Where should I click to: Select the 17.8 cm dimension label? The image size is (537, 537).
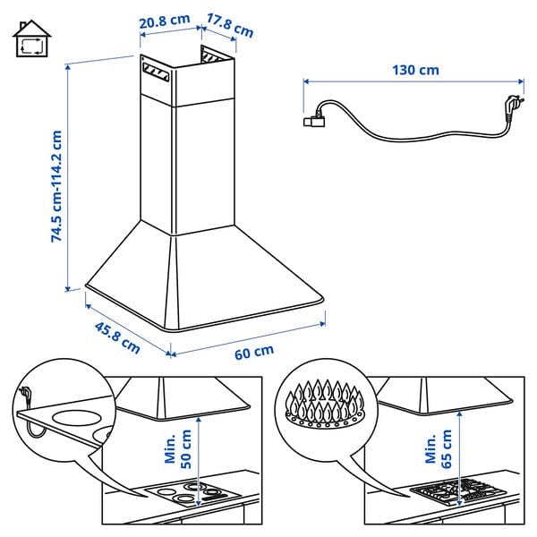229,26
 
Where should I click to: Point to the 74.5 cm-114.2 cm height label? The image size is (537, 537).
56,185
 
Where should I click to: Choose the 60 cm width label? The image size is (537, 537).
254,351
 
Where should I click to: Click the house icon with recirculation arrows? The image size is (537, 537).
32,38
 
